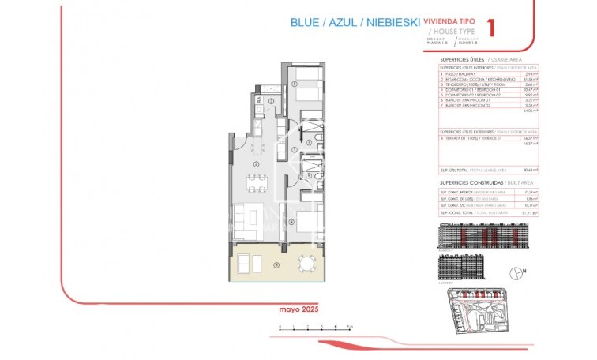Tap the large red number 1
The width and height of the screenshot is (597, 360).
coord(494,28)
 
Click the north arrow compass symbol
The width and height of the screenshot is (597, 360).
coord(517,272)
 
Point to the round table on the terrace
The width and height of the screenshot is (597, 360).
coord(305,264)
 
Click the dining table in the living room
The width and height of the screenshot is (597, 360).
coord(256,184)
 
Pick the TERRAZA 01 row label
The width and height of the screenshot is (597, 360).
coord(466,137)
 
